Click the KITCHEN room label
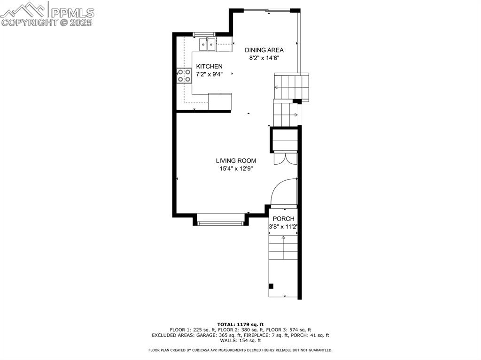pyautogui.click(x=209, y=66)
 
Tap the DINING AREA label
pyautogui.click(x=264, y=50)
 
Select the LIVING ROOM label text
pyautogui.click(x=236, y=161)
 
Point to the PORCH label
pyautogui.click(x=283, y=219)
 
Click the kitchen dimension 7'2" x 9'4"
pyautogui.click(x=209, y=74)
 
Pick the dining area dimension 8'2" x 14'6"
pyautogui.click(x=264, y=58)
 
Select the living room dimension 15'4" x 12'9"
pyautogui.click(x=236, y=169)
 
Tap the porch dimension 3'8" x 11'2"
pyautogui.click(x=283, y=227)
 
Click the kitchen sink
pyautogui.click(x=208, y=45)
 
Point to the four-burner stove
pyautogui.click(x=184, y=76)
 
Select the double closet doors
pyautogui.click(x=285, y=158)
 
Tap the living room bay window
pyautogui.click(x=220, y=222)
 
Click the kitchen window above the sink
pyautogui.click(x=204, y=34)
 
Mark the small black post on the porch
pyautogui.click(x=271, y=286)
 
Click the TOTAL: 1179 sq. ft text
pyautogui.click(x=240, y=324)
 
